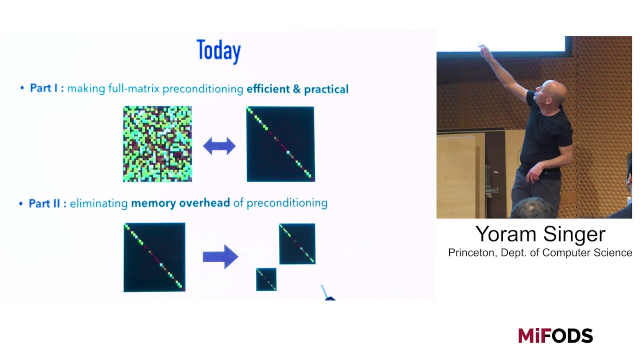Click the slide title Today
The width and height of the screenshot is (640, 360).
pyautogui.click(x=218, y=51)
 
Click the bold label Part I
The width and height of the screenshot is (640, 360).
pyautogui.click(x=46, y=88)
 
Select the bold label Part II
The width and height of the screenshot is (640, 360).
pyautogui.click(x=47, y=203)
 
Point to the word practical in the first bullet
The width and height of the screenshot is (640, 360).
pyautogui.click(x=326, y=89)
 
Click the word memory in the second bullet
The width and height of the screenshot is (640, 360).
pyautogui.click(x=153, y=203)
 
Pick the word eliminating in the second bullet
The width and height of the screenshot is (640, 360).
pyautogui.click(x=99, y=203)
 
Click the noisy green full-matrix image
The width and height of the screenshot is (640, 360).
pyautogui.click(x=157, y=144)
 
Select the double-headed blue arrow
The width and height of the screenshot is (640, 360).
pyautogui.click(x=219, y=146)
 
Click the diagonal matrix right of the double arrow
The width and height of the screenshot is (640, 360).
pyautogui.click(x=280, y=144)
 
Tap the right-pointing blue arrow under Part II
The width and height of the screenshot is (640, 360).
pyautogui.click(x=220, y=256)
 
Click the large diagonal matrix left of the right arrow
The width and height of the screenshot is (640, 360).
pyautogui.click(x=154, y=257)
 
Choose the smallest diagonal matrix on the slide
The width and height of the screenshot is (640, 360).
pyautogui.click(x=266, y=279)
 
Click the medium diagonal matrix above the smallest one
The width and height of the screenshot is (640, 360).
pyautogui.click(x=297, y=243)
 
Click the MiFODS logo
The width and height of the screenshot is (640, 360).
pyautogui.click(x=555, y=335)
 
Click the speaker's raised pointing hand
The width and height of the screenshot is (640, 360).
pyautogui.click(x=483, y=49)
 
